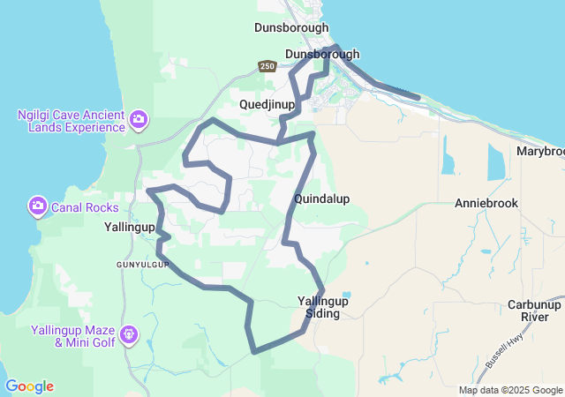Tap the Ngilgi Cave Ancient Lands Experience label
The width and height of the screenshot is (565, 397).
[71, 121]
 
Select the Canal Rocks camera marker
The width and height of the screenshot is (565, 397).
[37, 207]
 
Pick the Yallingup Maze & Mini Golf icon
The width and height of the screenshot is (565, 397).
[129, 334]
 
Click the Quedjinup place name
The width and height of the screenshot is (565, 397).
[267, 104]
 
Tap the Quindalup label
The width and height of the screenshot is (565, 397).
[321, 199]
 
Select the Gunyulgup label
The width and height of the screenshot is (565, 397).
[141, 264]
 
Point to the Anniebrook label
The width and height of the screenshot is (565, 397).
[486, 203]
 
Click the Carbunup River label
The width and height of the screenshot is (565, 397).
[534, 311]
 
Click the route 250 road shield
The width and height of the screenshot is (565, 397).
[267, 66]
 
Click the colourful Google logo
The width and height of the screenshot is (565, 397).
[29, 386]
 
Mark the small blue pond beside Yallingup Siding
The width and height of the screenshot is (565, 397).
[346, 295]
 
